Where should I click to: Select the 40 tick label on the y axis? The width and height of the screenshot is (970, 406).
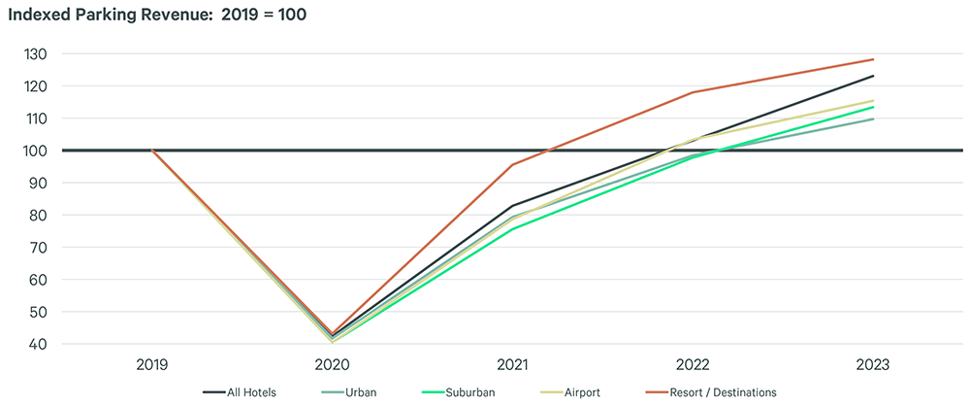click(x=36, y=344)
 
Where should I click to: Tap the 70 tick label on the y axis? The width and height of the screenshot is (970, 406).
click(x=36, y=248)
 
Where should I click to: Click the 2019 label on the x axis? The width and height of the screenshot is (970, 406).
click(x=152, y=366)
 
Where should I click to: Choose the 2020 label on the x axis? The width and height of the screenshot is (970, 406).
click(x=333, y=366)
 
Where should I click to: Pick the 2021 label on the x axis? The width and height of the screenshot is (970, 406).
click(x=513, y=366)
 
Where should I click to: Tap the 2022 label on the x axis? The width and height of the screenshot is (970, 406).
click(x=694, y=366)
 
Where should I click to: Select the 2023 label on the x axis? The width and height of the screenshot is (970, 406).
click(x=873, y=366)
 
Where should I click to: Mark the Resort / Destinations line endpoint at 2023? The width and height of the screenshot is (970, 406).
click(x=873, y=59)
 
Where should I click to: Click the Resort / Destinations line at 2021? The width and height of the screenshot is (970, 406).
click(x=513, y=164)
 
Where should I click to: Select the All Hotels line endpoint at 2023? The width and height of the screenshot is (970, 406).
click(x=873, y=76)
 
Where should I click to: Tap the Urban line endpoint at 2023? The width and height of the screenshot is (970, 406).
click(x=873, y=118)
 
